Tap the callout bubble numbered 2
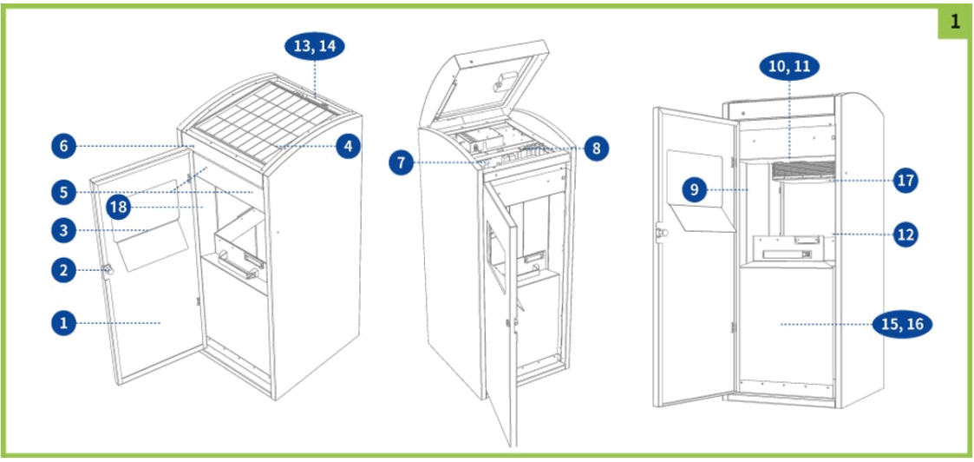63,270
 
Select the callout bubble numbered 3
63,229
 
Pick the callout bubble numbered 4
348,147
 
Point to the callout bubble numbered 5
63,190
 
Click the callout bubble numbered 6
63,147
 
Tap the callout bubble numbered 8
595,148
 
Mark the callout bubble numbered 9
696,189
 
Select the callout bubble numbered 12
905,234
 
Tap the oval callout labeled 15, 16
903,325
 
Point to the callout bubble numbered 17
905,181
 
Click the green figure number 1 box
954,22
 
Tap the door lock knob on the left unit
109,270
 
